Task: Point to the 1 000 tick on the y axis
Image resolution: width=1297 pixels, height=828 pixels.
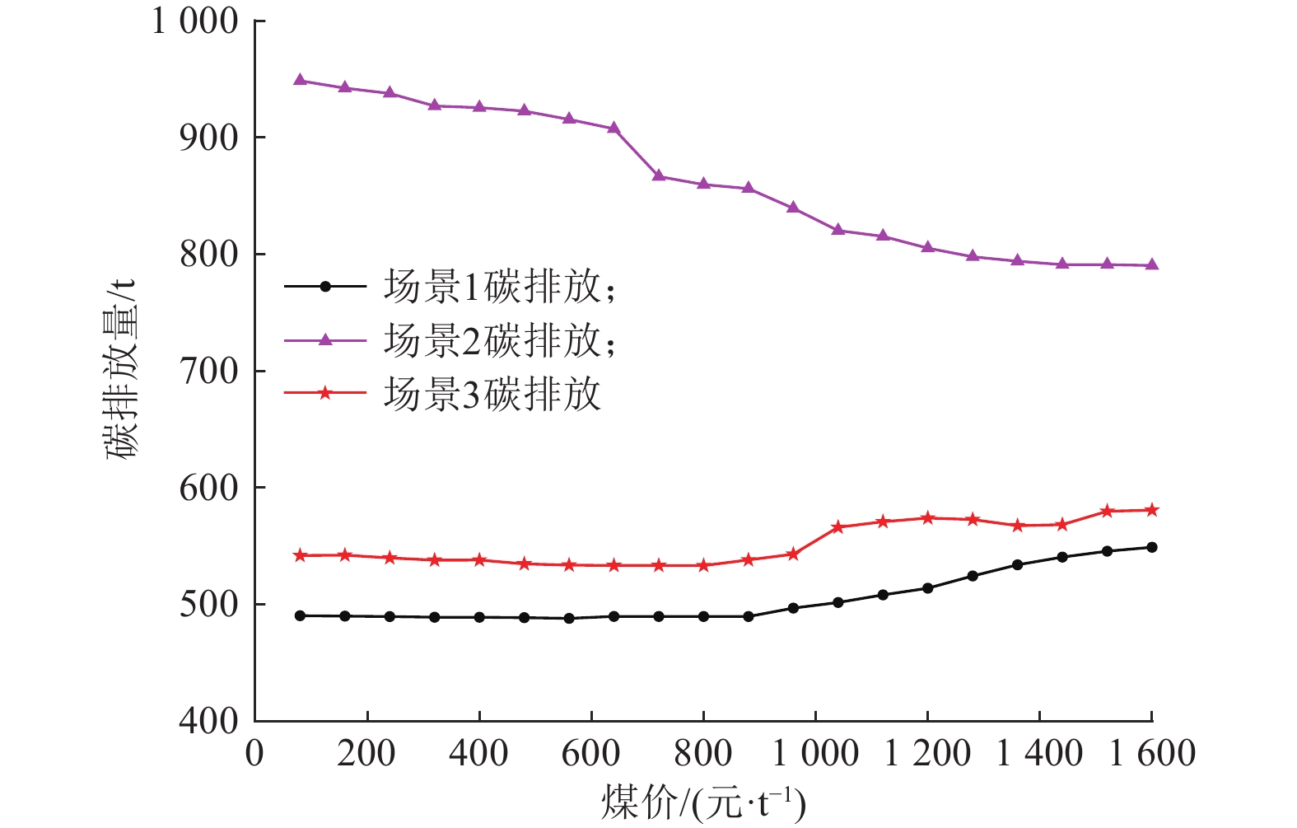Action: (x=195, y=21)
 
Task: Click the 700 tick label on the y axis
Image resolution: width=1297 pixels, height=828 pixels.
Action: (x=209, y=371)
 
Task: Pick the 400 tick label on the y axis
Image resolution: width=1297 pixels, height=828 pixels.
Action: (x=209, y=721)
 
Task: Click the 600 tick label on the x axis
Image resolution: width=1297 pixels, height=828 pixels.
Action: (x=591, y=754)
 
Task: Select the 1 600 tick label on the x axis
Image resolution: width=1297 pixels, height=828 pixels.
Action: (x=1151, y=754)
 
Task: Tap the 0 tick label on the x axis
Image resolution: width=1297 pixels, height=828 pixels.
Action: (x=255, y=754)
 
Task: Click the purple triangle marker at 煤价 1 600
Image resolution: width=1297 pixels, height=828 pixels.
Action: (x=1152, y=264)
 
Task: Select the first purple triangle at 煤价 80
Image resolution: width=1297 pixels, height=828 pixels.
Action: (x=300, y=80)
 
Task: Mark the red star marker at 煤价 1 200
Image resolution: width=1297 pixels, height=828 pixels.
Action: (x=928, y=518)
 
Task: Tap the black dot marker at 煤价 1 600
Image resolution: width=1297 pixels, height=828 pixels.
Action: (x=1152, y=547)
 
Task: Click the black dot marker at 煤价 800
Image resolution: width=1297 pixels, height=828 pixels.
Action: (x=703, y=616)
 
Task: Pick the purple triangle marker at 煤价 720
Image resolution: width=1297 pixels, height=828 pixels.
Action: (x=659, y=175)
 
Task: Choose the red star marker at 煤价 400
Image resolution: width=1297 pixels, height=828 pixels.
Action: (x=479, y=560)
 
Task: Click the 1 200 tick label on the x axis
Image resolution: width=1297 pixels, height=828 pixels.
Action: (x=927, y=754)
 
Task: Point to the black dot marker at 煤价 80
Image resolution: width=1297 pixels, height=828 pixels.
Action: (x=300, y=615)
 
